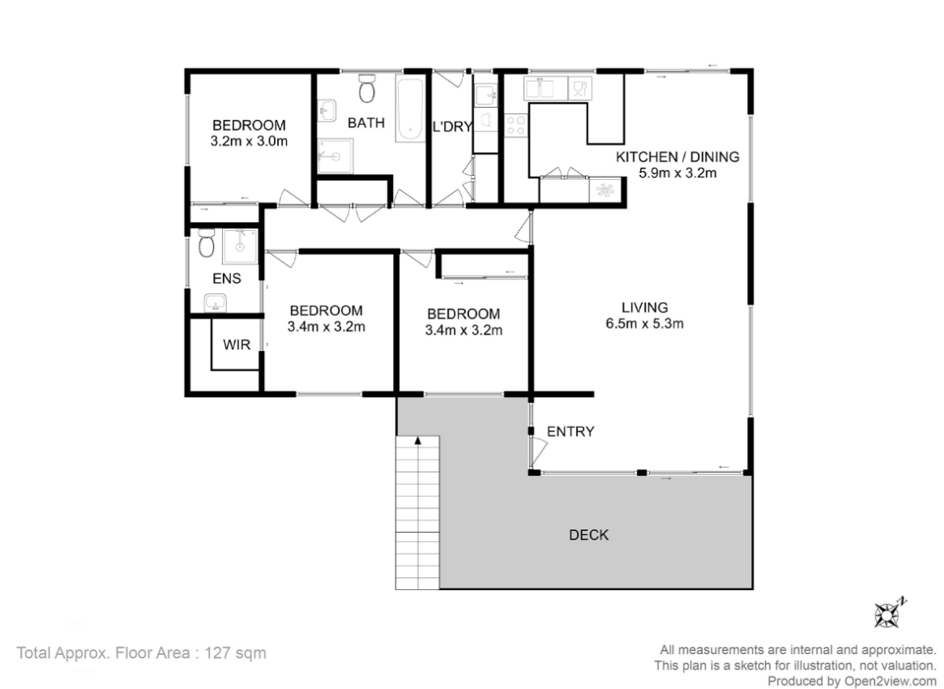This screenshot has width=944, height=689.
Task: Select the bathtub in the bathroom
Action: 411,109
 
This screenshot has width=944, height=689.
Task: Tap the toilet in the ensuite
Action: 207,243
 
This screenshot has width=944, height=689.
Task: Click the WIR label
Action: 237,345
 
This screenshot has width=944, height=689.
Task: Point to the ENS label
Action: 227,278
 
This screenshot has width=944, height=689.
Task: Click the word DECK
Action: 589,535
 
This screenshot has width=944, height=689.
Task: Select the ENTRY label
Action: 570,432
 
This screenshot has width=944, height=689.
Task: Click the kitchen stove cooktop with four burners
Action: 516,126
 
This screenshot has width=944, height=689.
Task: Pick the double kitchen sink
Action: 545,88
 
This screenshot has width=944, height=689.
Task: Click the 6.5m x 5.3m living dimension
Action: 645,323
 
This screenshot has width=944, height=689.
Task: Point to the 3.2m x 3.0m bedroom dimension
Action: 249,142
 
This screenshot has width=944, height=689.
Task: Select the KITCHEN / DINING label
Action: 677,156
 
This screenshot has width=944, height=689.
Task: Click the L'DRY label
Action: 453,126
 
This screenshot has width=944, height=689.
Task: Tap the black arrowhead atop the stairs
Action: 417,441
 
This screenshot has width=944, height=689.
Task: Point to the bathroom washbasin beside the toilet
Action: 327,111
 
